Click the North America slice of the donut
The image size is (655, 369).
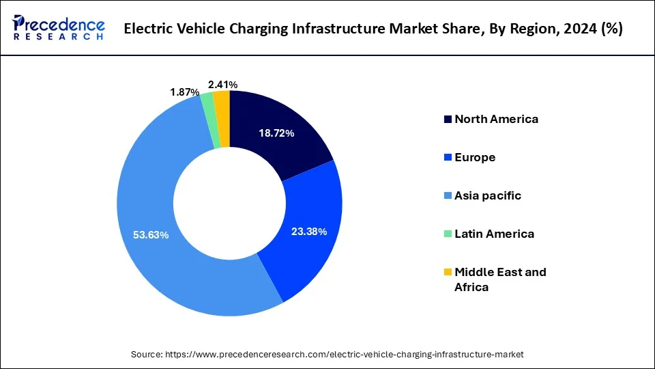[287, 123]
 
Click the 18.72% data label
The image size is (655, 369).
[276, 133]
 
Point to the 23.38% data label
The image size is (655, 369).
[309, 232]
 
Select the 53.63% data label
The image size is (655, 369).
[151, 234]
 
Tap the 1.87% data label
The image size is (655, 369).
[185, 92]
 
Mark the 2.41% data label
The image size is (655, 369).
[223, 85]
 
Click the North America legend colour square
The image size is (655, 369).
[448, 120]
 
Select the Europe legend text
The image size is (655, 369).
[475, 157]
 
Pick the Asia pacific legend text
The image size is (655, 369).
[488, 195]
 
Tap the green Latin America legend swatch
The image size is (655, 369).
[448, 234]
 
